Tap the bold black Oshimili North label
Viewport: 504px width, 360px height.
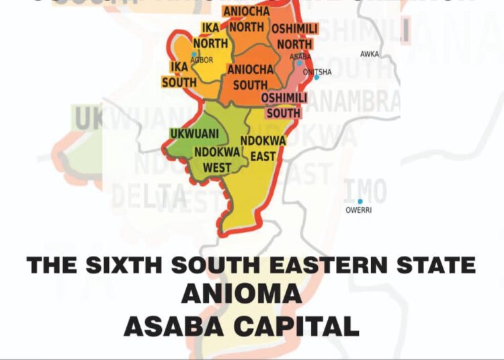pos(294,36)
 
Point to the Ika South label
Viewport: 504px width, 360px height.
pos(179,74)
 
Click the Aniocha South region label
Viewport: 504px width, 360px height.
pos(250,77)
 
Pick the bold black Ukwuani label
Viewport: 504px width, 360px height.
pos(194,134)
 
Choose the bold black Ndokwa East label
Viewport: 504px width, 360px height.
pos(263,148)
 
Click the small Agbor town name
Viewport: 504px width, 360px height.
pos(202,60)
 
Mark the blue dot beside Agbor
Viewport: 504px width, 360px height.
pos(194,54)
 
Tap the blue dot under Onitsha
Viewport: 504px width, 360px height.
pos(317,78)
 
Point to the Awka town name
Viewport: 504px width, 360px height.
pos(370,54)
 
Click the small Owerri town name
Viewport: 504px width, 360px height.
pos(359,210)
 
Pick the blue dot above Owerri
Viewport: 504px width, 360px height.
pos(360,201)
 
